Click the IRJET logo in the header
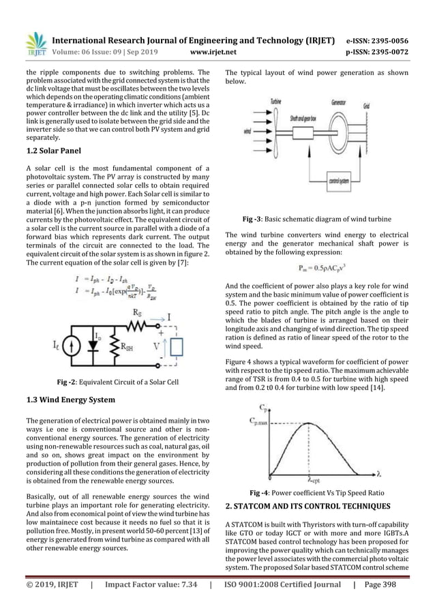35,43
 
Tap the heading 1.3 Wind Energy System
69,399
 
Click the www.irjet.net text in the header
217,50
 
